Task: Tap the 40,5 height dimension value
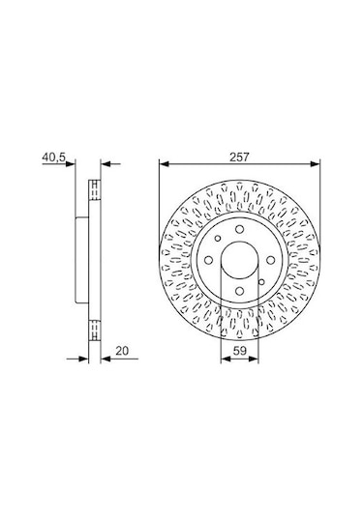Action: pyautogui.click(x=53, y=153)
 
